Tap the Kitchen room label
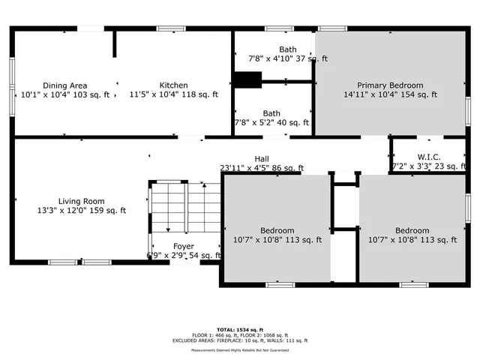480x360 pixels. point(173,85)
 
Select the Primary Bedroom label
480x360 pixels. point(389,85)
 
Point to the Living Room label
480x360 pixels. point(82,201)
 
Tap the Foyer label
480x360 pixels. point(184,246)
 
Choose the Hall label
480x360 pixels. point(261,159)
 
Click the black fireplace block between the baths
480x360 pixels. point(247,79)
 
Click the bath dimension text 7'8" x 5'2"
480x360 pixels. point(271,123)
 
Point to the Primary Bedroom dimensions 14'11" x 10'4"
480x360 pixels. point(390,95)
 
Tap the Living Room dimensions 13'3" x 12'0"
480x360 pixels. point(82,211)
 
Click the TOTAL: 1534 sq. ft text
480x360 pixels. point(240,328)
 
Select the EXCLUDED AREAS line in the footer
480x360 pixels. point(240,340)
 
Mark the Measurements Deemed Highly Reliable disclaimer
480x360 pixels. point(240,350)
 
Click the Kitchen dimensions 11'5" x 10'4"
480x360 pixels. point(173,95)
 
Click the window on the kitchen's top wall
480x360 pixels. point(172,28)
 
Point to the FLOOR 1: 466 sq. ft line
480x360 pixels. point(240,334)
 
